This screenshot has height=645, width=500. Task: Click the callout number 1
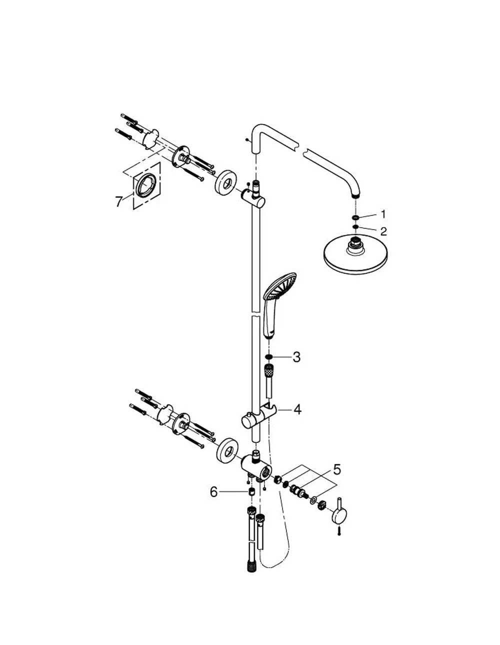point(383,214)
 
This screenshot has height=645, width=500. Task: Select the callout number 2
point(383,231)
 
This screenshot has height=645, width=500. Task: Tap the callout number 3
point(296,357)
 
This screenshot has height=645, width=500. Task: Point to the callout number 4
point(297,409)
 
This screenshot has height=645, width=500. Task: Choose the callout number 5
point(337,469)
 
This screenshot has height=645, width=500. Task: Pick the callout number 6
point(213,492)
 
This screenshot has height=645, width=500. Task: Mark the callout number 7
point(118,202)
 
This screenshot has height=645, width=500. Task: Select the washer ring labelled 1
point(355,218)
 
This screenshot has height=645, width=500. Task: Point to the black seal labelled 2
point(355,227)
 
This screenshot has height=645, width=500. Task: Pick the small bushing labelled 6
point(251,491)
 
